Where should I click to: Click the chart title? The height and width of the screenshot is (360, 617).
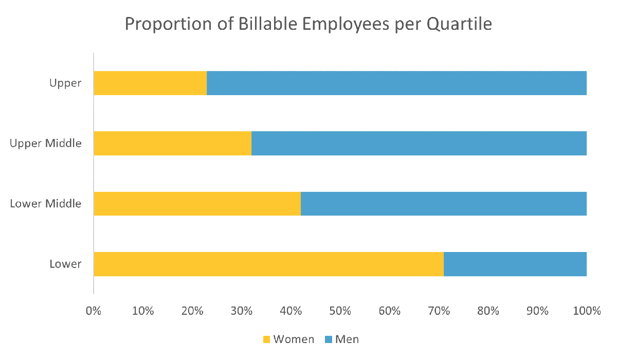coord(308,24)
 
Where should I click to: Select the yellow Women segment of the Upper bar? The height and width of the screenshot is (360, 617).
coord(150,83)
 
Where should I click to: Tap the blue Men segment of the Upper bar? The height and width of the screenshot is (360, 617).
coord(396,83)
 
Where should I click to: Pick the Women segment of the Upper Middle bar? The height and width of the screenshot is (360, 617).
coord(173,143)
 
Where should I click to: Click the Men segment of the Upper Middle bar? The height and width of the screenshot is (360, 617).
coord(419,143)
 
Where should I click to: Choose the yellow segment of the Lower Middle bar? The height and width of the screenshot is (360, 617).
coord(197,204)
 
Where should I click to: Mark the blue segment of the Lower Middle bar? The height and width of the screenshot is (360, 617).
coord(443,204)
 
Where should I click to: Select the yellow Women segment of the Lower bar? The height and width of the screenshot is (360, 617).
coord(268,264)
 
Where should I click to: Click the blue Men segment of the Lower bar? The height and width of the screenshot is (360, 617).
coord(515,264)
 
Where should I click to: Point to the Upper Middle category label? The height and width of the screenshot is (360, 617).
coord(46,143)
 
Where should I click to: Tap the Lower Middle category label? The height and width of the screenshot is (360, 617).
coord(46,204)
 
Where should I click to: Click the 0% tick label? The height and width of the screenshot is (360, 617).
coord(94,311)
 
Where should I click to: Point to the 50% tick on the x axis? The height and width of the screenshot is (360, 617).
coord(340,311)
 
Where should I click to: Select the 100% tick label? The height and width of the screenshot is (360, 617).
coord(587,311)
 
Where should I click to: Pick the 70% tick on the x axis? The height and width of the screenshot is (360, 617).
coord(439,311)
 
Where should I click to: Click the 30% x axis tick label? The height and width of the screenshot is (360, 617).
coord(241,311)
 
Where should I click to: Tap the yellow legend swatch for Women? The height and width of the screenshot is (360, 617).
coord(266,339)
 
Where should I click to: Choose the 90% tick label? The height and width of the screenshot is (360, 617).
coord(537,311)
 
